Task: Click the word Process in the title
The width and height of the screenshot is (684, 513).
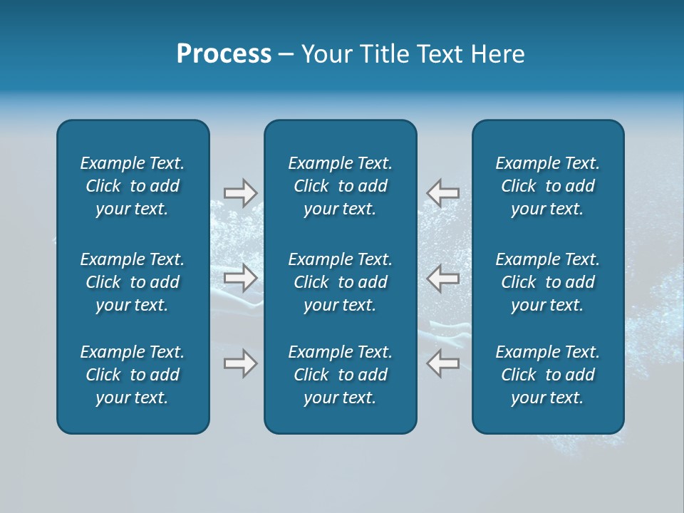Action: pos(224,54)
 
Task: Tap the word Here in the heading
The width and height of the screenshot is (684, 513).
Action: pos(498,54)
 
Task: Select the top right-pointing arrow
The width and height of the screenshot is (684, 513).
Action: pos(240,193)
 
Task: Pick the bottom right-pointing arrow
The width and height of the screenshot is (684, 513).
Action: pos(240,363)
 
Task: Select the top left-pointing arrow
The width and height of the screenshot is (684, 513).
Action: pos(442,193)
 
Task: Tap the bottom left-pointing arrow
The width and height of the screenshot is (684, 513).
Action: pos(442,363)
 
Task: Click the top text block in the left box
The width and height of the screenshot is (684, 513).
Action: pos(133,186)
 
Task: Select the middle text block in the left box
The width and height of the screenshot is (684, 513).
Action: pos(133,282)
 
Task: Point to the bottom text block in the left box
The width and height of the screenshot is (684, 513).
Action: pos(133,375)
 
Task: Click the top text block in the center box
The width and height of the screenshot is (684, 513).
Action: pos(340,186)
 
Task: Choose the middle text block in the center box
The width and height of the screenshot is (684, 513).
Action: pos(340,282)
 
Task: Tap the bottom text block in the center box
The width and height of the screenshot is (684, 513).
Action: pos(340,375)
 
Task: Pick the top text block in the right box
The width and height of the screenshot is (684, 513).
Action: pos(547,186)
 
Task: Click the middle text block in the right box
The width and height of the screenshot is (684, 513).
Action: pos(547,282)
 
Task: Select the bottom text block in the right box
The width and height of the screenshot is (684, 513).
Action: pos(547,375)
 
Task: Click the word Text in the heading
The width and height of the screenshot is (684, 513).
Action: pos(442,54)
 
